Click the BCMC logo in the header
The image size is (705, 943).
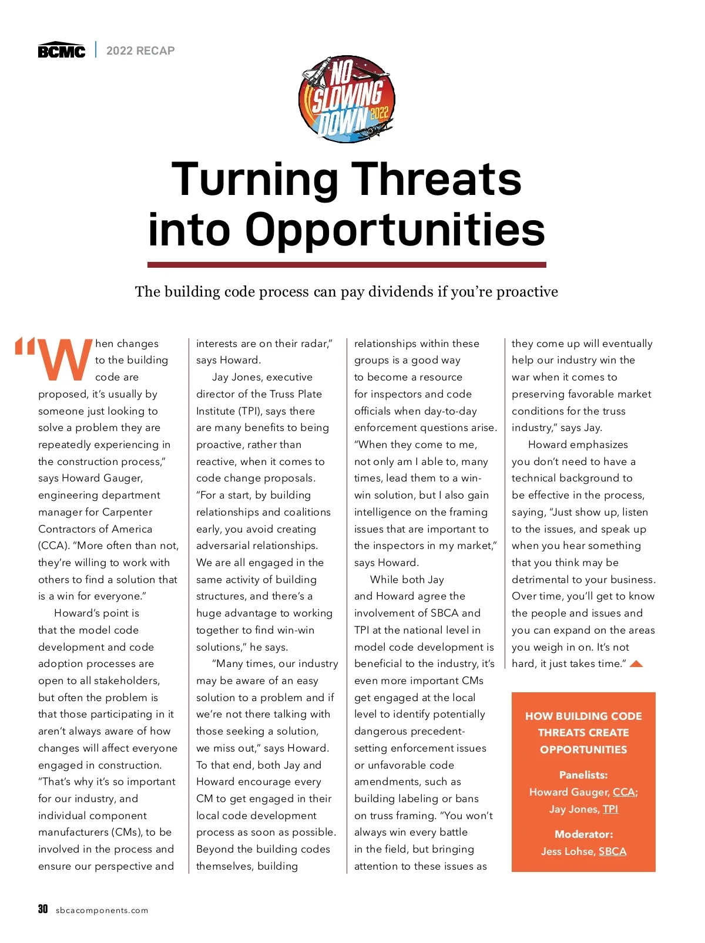(x=61, y=50)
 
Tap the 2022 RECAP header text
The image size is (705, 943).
(x=140, y=50)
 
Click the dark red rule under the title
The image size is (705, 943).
(x=347, y=265)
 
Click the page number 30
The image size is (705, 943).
(x=43, y=909)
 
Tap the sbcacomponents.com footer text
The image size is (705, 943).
(x=102, y=911)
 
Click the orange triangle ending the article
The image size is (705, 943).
(x=636, y=664)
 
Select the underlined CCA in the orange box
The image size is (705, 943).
(x=624, y=792)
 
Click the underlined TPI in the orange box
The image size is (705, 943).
(x=610, y=809)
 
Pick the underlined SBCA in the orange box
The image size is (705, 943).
(x=612, y=851)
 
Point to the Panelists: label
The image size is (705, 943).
(x=583, y=775)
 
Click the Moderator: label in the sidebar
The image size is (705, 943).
(x=583, y=834)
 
